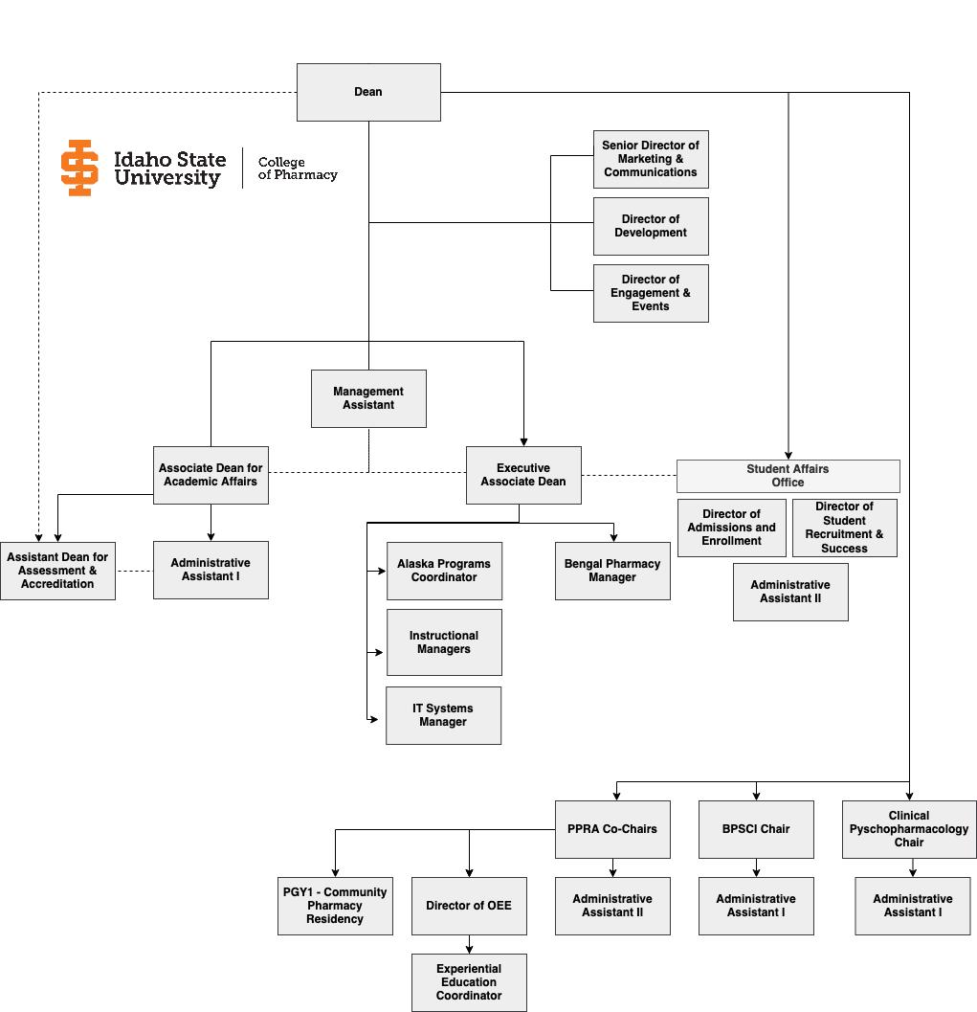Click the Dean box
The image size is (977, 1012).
coord(368,92)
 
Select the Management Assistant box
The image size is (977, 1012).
coord(368,398)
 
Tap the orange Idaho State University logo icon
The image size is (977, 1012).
coord(79,168)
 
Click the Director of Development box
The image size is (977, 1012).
coord(651,226)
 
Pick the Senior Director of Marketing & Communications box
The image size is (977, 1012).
coord(651,159)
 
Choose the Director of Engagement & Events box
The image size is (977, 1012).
coord(651,293)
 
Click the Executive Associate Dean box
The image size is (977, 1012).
coord(523,475)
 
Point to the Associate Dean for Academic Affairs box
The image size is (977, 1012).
coord(211,475)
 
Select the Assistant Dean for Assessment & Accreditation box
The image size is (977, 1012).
coord(57,571)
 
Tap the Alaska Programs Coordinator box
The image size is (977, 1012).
coord(444,571)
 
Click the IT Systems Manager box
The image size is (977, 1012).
coord(443,715)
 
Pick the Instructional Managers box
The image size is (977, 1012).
coord(444,642)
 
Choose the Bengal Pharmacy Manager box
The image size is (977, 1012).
coord(612,571)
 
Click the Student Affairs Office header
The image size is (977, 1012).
coord(788,476)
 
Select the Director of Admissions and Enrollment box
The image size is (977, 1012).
coord(732,528)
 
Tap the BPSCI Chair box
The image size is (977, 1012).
coord(756,829)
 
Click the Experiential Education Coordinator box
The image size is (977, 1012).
coord(469,982)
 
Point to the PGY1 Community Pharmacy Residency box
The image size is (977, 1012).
coord(335,906)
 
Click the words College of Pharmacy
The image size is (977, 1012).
coord(298,169)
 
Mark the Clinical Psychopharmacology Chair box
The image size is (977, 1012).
coord(909,829)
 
